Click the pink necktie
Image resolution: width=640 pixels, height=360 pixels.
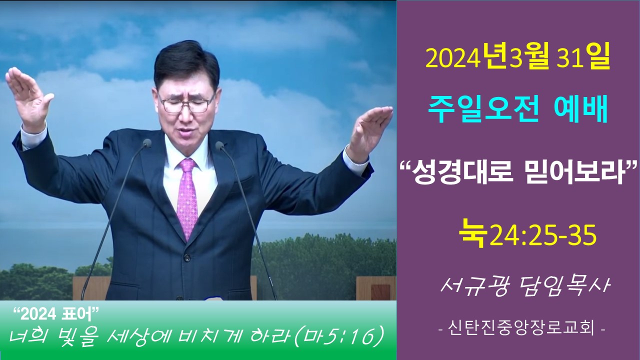tap(187, 197)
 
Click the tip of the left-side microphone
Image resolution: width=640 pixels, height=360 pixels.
tap(147, 143)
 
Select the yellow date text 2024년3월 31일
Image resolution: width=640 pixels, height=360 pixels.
tap(517, 59)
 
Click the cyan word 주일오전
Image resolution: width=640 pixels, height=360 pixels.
tap(483, 109)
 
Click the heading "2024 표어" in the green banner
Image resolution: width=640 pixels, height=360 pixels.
tap(56, 315)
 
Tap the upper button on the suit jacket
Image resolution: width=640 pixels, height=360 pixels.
tap(187, 257)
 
